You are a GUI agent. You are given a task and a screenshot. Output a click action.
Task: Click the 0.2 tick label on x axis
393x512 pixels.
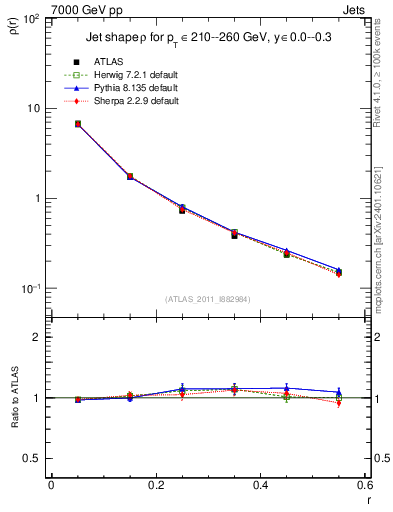156,486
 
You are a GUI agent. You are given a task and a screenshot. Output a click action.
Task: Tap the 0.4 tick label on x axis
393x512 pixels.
261,486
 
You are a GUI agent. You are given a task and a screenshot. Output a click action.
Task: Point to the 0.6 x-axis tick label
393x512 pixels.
365,486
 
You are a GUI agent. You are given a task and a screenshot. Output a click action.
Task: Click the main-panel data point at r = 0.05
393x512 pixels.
78,124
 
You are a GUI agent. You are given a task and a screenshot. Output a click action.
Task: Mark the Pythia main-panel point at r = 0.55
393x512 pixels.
339,270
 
